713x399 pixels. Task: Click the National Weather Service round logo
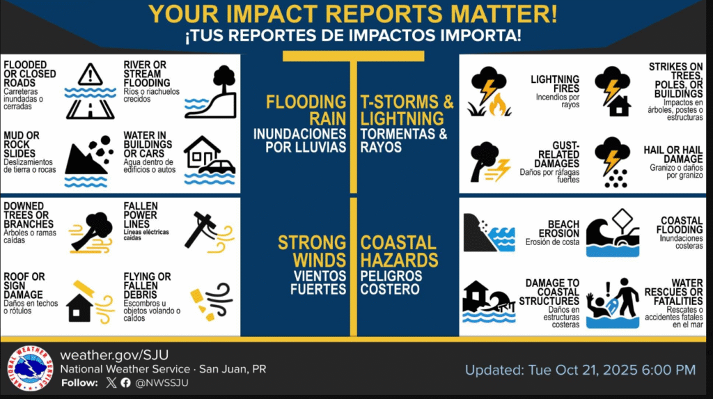click(30, 368)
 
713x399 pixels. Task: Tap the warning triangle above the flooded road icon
click(90, 75)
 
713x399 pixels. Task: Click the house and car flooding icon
click(210, 160)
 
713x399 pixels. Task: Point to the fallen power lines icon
click(210, 232)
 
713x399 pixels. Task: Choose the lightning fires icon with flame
click(489, 92)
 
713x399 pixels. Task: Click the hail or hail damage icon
click(612, 162)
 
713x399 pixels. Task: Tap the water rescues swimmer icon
click(613, 303)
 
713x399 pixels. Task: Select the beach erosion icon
click(489, 233)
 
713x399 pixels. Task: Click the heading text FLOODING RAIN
click(306, 110)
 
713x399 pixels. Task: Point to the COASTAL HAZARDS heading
click(399, 251)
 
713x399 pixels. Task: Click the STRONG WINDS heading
click(312, 251)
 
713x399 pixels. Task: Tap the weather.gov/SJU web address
click(115, 355)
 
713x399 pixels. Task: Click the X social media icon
click(111, 382)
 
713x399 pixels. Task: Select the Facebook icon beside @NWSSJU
click(126, 382)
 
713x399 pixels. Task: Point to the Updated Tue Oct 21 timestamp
click(580, 370)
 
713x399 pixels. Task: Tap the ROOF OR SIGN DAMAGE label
click(24, 285)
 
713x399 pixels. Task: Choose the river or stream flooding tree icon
click(210, 92)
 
